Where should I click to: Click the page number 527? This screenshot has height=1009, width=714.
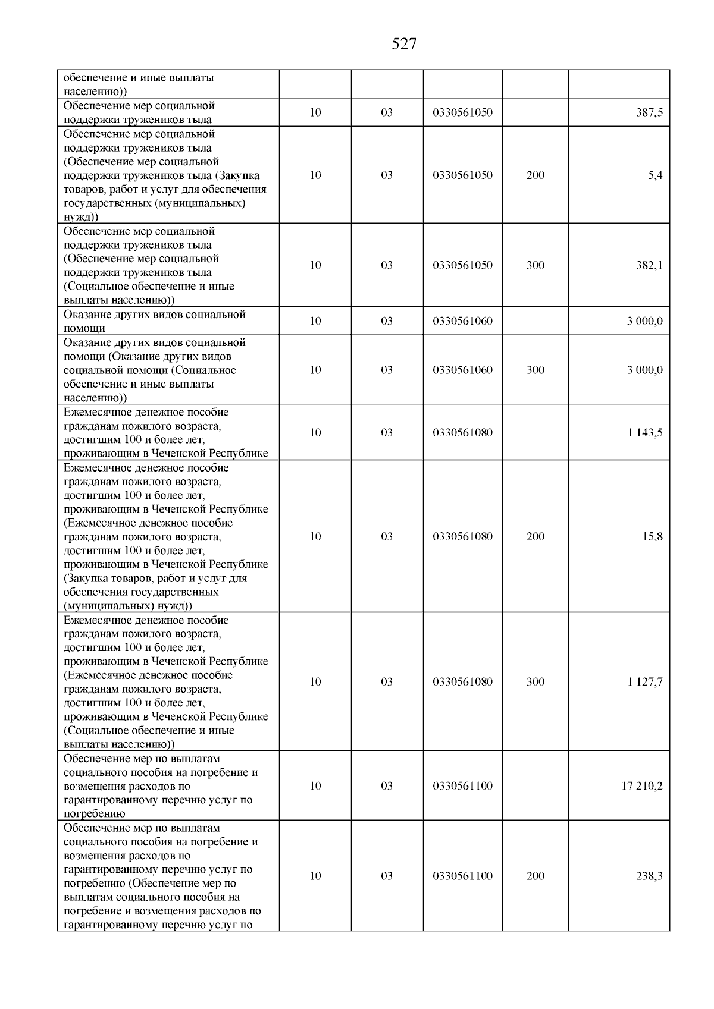(404, 44)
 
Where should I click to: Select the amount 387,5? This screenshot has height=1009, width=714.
(650, 112)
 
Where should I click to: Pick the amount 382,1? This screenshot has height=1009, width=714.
(650, 265)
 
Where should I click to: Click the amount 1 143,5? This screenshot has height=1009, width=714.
(644, 433)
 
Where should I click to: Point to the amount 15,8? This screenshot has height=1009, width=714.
(653, 537)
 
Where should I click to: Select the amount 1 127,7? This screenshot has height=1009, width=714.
(644, 682)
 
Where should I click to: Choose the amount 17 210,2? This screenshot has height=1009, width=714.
(642, 786)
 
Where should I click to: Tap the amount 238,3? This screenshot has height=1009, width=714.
(650, 876)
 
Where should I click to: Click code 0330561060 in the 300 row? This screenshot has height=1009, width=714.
(462, 370)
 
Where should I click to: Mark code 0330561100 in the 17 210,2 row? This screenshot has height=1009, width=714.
(462, 786)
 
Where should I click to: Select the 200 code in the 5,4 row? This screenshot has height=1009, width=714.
(535, 175)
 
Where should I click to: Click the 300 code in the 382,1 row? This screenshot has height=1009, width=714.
(535, 265)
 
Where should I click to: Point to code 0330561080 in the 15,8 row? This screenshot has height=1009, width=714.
(462, 537)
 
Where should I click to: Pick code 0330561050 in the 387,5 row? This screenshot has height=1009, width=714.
(462, 112)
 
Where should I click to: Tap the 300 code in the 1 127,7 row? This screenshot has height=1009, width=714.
(535, 682)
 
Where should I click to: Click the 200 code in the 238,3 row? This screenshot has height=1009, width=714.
(535, 876)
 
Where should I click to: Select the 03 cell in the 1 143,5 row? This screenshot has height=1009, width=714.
(387, 433)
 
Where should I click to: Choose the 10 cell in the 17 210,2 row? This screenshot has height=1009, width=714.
(315, 786)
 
